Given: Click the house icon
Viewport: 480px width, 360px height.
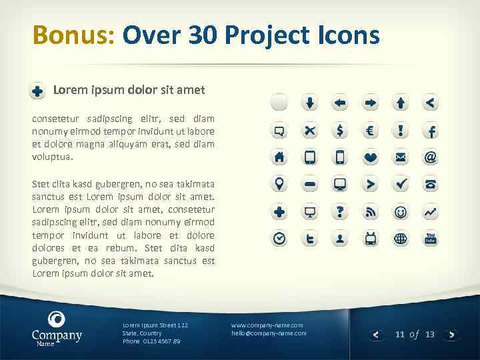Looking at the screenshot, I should coord(279,157).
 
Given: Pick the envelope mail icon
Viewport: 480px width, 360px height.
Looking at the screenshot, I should coord(400,157).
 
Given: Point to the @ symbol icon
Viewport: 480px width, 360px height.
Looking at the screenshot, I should coord(431,157).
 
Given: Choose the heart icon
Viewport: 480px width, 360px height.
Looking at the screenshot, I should coord(370,157).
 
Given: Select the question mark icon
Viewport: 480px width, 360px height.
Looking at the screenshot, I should coord(340,211).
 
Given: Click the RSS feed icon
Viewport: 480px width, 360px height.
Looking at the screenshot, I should coord(370,211).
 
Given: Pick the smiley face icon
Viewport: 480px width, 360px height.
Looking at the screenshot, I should coord(400,211).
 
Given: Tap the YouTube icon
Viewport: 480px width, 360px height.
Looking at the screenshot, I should coord(431,238).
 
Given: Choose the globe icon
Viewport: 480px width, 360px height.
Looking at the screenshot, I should coord(400,238).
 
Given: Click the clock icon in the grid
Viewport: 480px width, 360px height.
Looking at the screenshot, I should coord(279,238).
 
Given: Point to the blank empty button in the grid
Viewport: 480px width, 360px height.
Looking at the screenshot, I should coord(279,103).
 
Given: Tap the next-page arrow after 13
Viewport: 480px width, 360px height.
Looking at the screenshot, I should coord(451,335).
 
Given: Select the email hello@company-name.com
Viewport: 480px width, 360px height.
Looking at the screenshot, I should coord(269,333).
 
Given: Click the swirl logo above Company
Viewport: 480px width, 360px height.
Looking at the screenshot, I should coord(57,319).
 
